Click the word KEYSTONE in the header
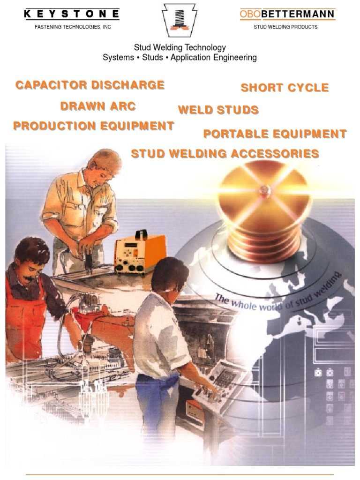(x=72, y=14)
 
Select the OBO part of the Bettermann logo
(x=250, y=14)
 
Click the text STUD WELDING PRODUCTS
(x=285, y=27)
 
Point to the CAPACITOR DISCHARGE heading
(x=90, y=85)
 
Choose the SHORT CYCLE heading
(x=285, y=88)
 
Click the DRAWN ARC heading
(x=98, y=106)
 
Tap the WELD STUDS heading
(x=218, y=110)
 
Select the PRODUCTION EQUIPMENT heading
(x=94, y=126)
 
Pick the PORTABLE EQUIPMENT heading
(x=275, y=134)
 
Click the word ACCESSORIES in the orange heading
(x=275, y=154)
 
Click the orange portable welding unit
(x=140, y=253)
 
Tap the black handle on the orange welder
(x=141, y=234)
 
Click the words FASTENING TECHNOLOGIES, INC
(x=73, y=27)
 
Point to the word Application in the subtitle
(x=190, y=58)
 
